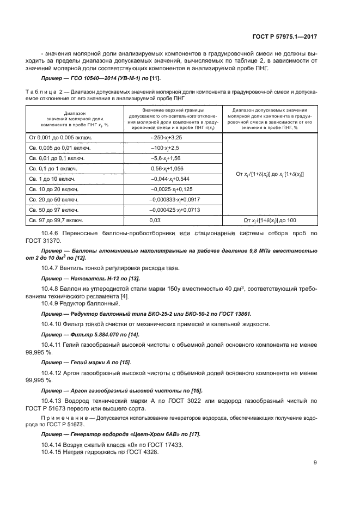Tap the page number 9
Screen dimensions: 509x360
point(315,463)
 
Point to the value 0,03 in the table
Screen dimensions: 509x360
point(156,220)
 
